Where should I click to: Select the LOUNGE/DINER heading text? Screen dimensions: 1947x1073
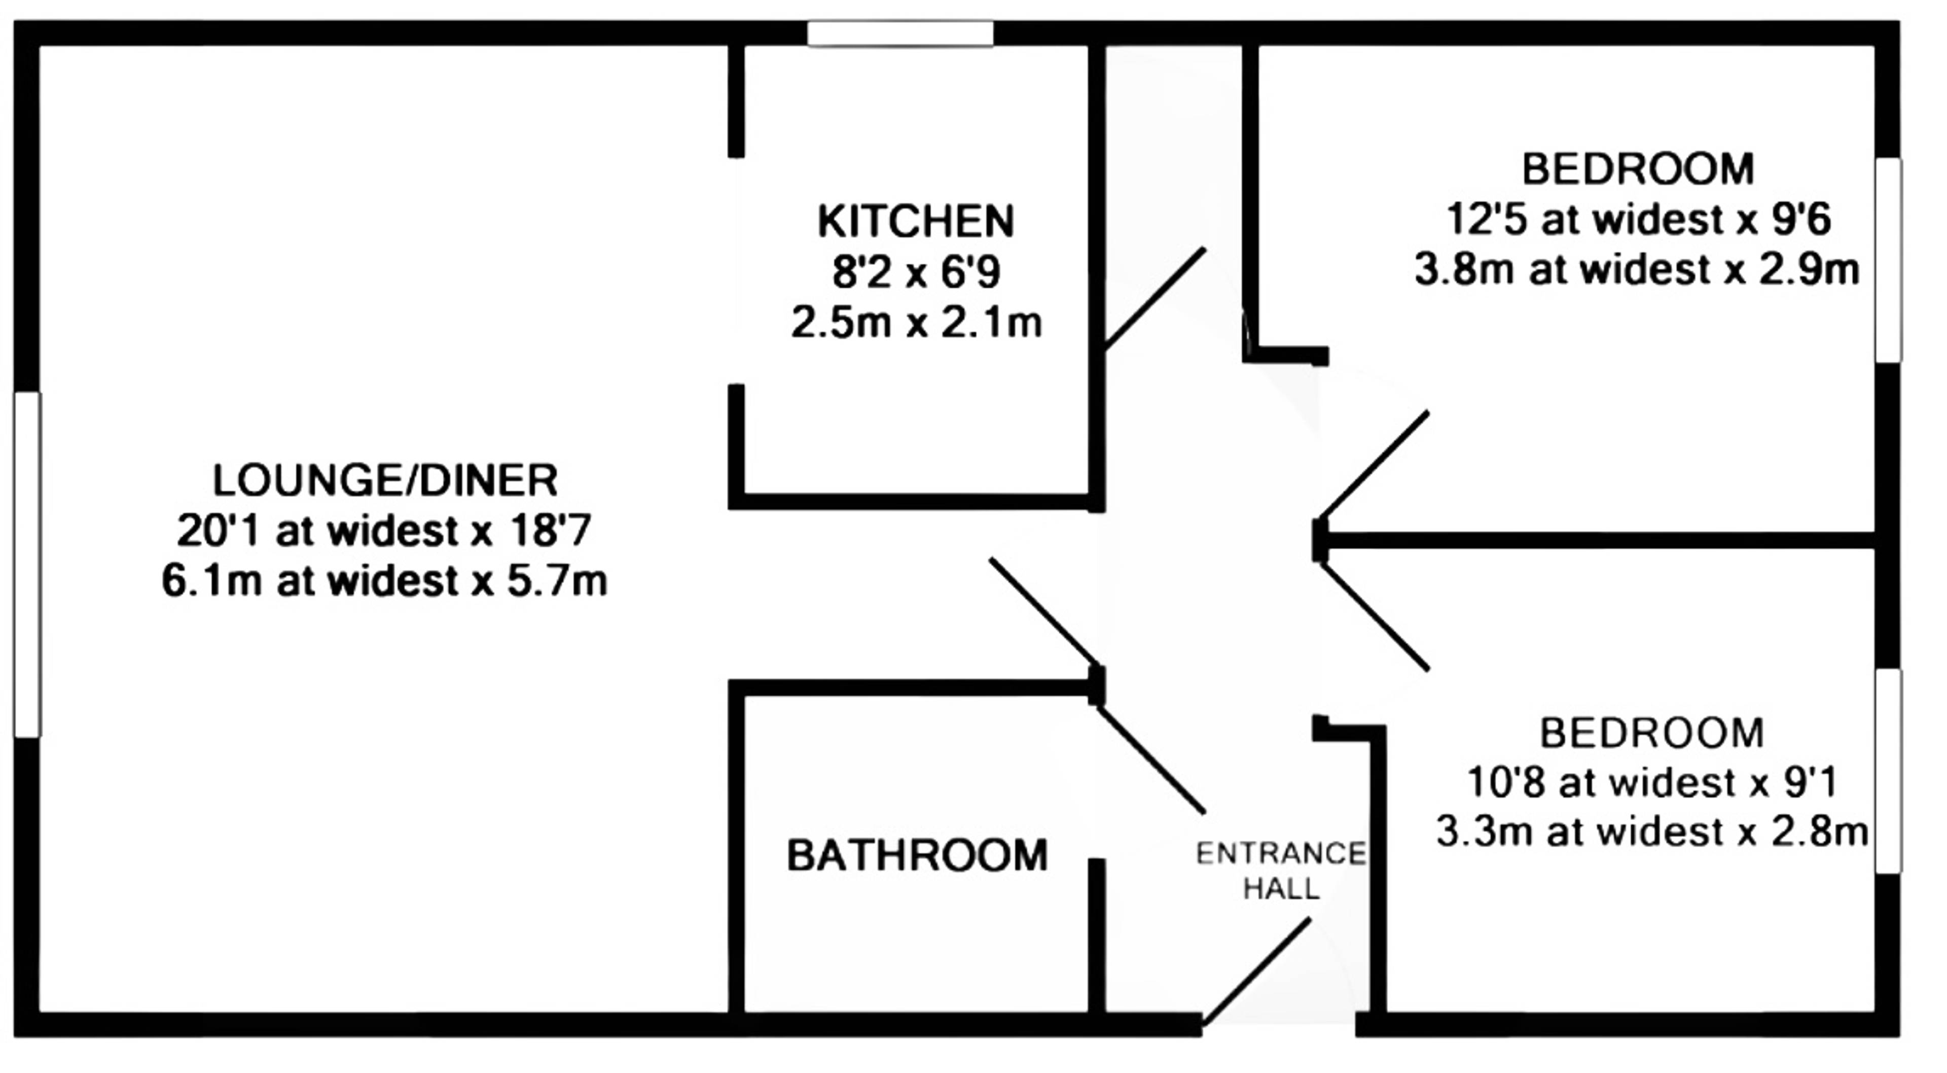[385, 480]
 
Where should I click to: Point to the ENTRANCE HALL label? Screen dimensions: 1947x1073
[1281, 871]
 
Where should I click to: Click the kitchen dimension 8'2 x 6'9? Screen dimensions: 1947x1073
[916, 272]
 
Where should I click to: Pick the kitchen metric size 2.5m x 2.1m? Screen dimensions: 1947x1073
[916, 323]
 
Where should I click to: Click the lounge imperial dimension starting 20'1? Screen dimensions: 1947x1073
[384, 531]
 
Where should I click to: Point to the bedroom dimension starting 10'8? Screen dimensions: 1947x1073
[1651, 783]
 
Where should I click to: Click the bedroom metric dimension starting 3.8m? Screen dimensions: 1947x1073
[1636, 270]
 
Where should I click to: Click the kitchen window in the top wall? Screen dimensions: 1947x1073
[900, 33]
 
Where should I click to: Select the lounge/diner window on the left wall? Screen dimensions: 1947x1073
[27, 564]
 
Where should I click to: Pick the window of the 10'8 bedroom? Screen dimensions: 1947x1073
[1888, 771]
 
